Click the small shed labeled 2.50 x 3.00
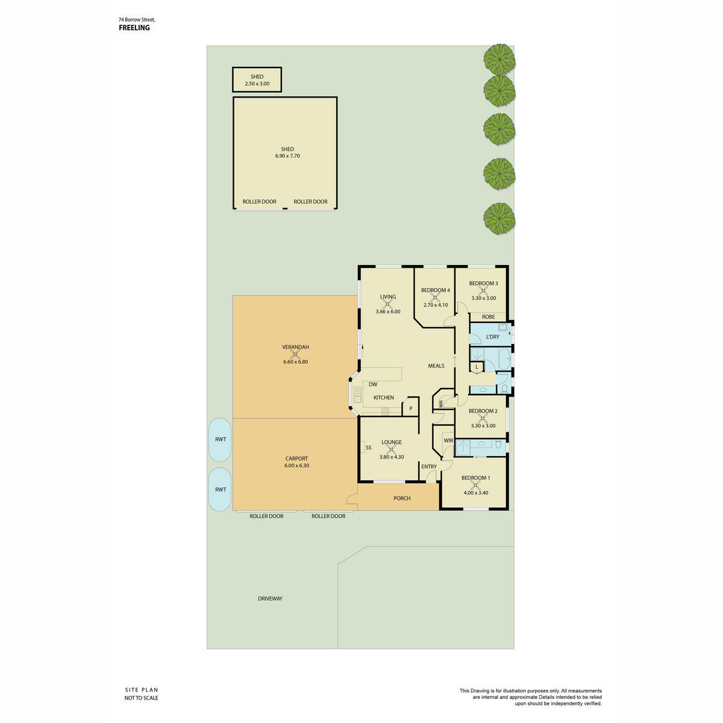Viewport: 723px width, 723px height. (257, 80)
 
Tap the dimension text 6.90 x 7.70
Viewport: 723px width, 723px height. (287, 156)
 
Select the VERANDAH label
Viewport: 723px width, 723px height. (296, 347)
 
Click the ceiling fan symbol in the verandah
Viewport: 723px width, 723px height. (295, 354)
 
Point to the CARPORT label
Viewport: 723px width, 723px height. (296, 459)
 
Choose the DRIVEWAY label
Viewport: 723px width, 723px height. (270, 598)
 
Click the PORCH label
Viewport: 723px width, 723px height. (402, 498)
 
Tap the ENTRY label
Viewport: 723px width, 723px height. (429, 467)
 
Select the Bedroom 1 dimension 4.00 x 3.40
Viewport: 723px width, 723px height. (476, 493)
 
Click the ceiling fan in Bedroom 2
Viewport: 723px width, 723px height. (483, 418)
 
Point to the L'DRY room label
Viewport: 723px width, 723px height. (493, 337)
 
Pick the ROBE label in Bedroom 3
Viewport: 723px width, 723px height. (488, 317)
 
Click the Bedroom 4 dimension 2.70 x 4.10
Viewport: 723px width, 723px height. (436, 305)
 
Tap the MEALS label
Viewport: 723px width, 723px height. (436, 366)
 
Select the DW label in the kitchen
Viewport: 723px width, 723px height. (373, 384)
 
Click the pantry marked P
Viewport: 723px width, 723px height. (410, 408)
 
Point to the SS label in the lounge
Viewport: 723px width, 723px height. (369, 448)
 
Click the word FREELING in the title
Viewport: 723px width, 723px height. (134, 28)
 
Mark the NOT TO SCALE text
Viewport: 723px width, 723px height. (141, 698)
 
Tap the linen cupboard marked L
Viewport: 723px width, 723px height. (477, 368)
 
